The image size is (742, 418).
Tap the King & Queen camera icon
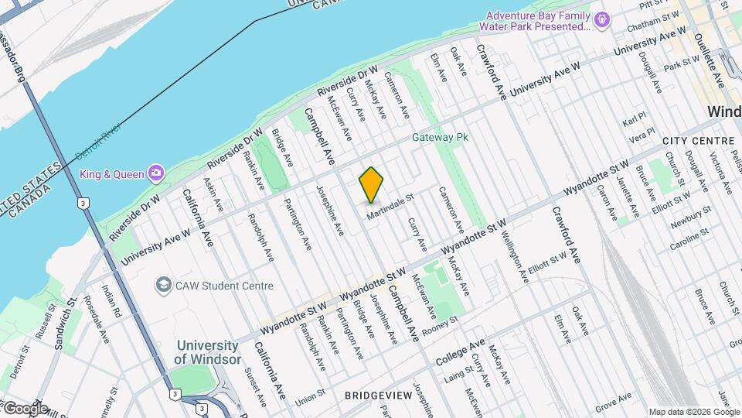[157, 173]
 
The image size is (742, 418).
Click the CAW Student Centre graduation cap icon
[163, 286]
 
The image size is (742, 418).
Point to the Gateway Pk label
[441, 138]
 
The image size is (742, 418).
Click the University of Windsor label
[207, 352]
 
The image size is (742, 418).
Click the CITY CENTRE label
[698, 141]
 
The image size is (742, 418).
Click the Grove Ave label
[614, 402]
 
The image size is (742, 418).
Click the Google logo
[25, 408]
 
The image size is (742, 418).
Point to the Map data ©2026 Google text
[693, 412]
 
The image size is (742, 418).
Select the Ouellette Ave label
[709, 60]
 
